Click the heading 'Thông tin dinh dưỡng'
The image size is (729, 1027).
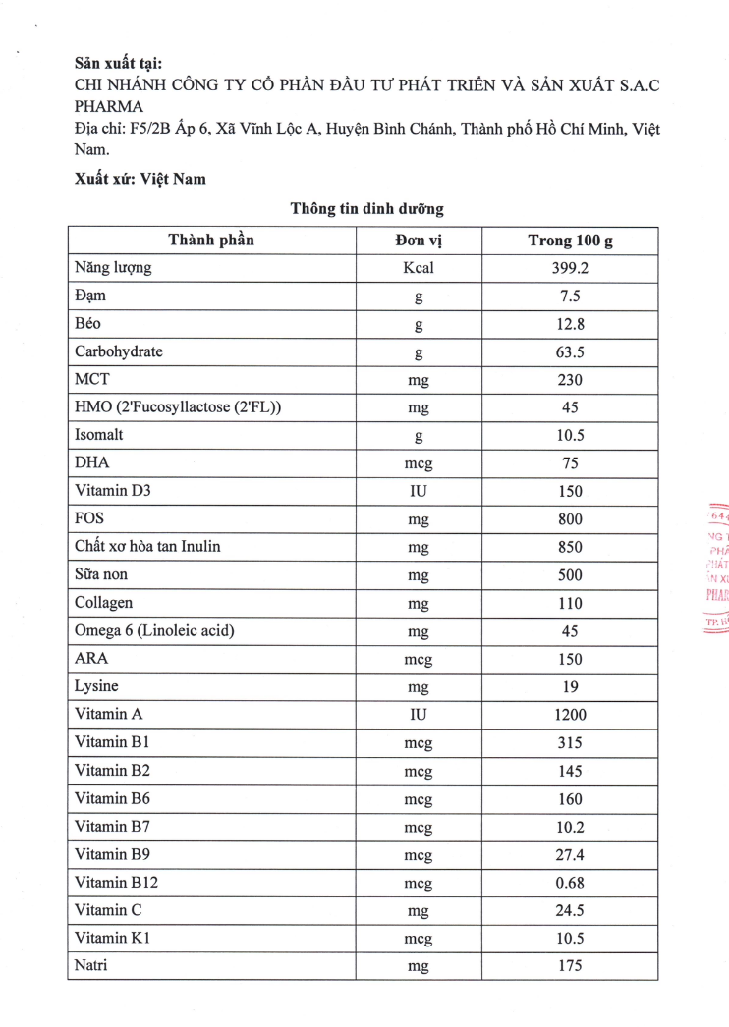[x=366, y=209]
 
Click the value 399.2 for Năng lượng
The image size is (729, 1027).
[x=570, y=268]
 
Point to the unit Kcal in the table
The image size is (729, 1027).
[x=418, y=268]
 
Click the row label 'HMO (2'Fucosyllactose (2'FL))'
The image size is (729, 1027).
[x=178, y=407]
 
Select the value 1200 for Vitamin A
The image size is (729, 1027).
[x=570, y=716]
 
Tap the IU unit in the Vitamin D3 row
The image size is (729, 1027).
[x=418, y=492]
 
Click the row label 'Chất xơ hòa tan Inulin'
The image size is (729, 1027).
[x=147, y=547]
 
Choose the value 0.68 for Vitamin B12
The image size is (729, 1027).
[x=570, y=883]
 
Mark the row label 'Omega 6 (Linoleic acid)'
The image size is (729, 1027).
[x=154, y=630]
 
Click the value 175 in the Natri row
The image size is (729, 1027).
[x=570, y=966]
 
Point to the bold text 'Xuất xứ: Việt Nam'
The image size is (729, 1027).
[x=140, y=179]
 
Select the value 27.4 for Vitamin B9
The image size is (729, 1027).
[x=570, y=855]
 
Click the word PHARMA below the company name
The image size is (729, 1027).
[x=108, y=106]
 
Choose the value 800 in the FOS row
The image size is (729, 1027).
[x=570, y=519]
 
